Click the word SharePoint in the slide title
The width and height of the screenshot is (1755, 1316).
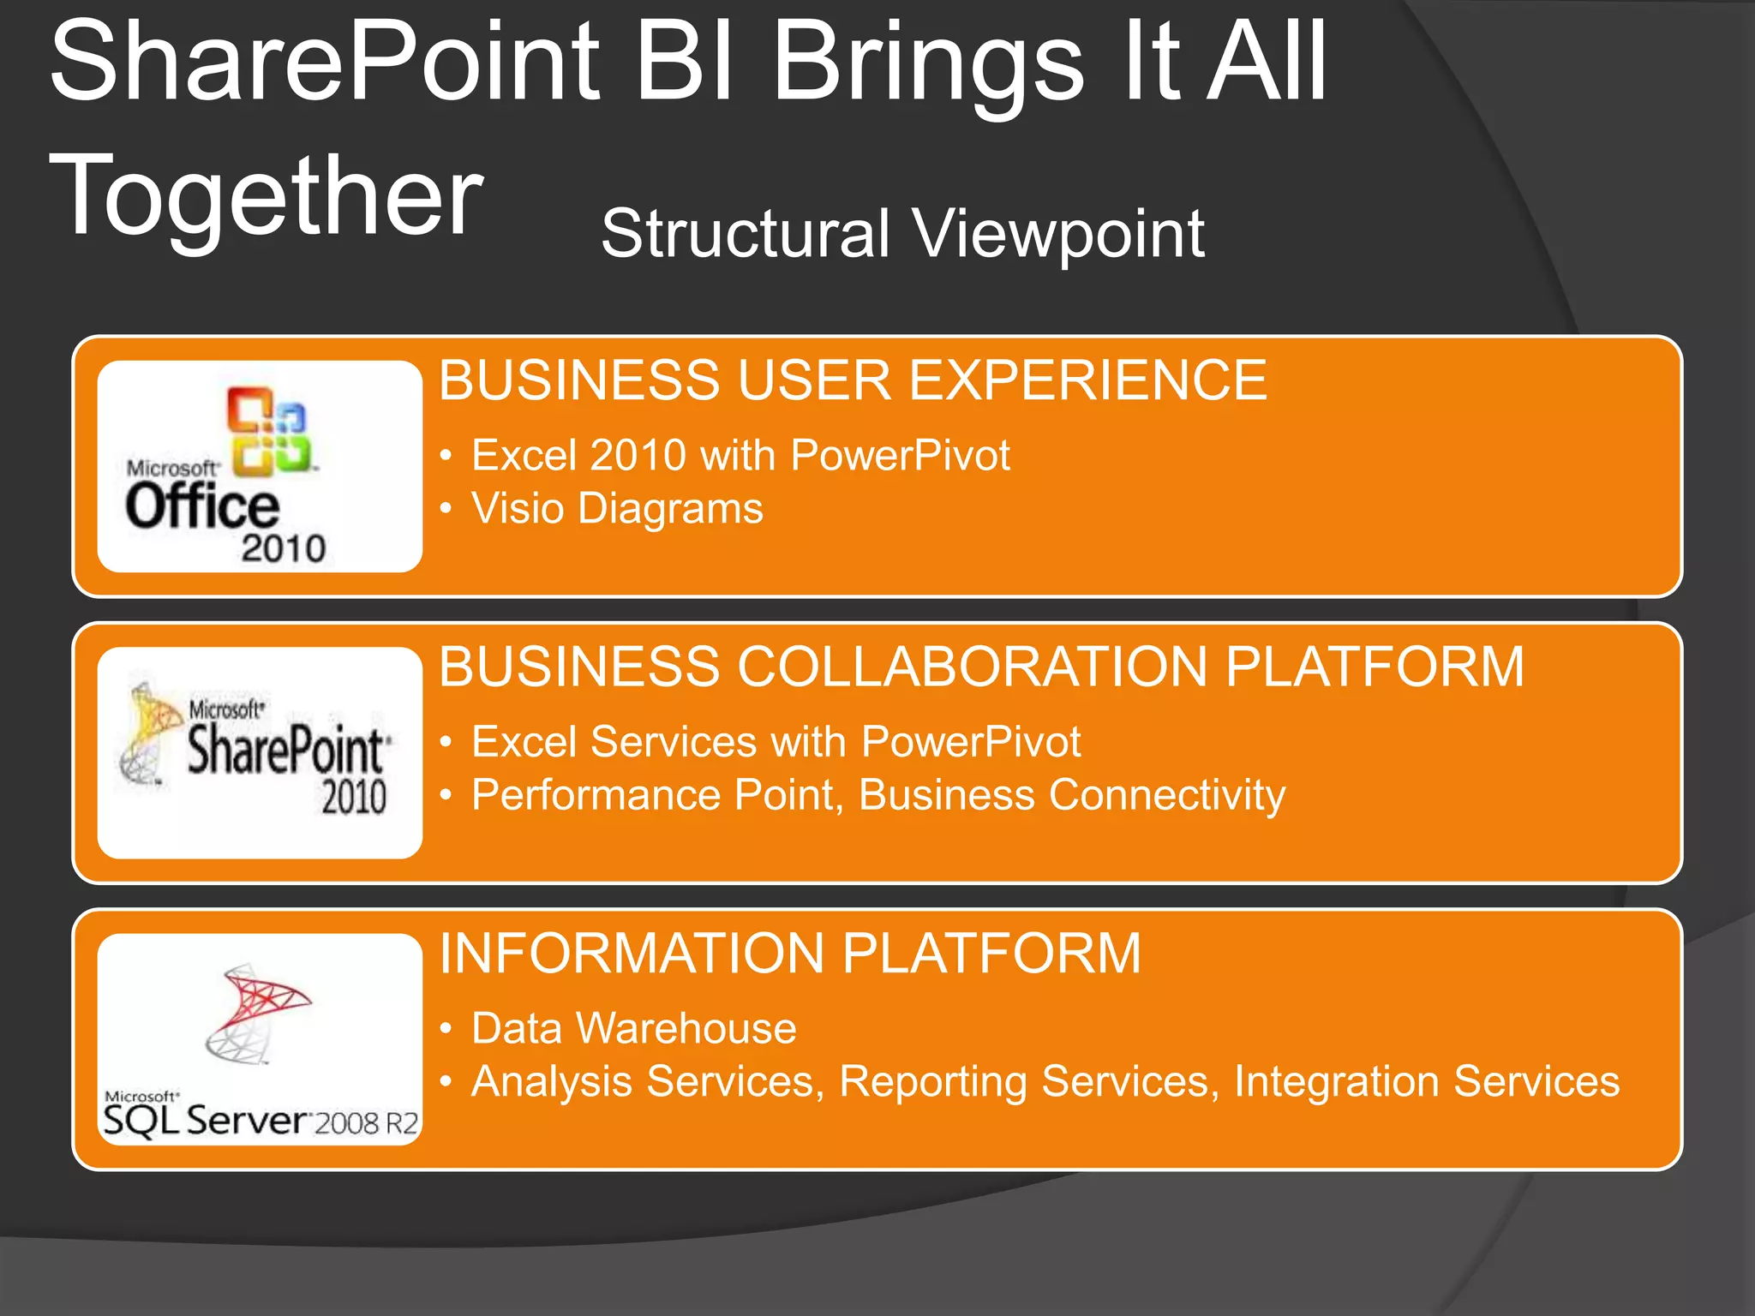(x=326, y=64)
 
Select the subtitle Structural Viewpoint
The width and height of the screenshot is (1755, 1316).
(x=902, y=233)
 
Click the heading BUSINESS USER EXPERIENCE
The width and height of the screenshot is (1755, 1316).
(x=852, y=380)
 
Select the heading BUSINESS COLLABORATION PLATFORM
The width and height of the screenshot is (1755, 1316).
(x=980, y=667)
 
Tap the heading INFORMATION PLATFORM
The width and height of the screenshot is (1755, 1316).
(x=789, y=954)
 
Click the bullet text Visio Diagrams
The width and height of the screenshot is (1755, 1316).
(x=617, y=509)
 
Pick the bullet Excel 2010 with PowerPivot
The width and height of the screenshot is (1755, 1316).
(x=740, y=455)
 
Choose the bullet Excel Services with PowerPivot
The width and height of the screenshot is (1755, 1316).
(x=776, y=742)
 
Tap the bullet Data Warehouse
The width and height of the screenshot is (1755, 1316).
(x=633, y=1028)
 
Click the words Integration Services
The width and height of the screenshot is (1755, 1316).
(x=1426, y=1081)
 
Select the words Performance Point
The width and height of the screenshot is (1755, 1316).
(x=651, y=795)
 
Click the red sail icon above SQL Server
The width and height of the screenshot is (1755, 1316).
(x=261, y=1001)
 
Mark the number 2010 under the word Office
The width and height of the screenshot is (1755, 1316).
(x=284, y=548)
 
